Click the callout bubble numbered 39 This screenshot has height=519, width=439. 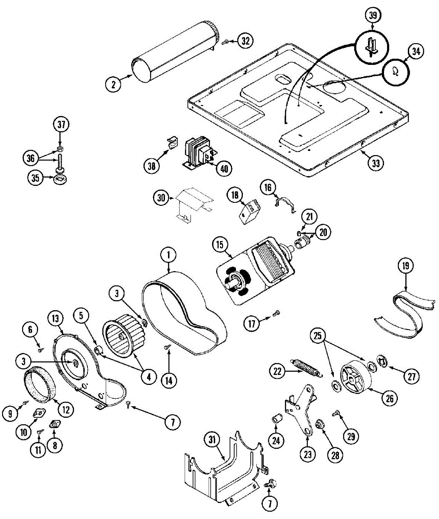[373, 16]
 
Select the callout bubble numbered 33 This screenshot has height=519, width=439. [376, 163]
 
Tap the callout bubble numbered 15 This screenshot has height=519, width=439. [220, 245]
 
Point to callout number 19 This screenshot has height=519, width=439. [406, 266]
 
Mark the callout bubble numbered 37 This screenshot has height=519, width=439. [61, 125]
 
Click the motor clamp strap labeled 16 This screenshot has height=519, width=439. [286, 204]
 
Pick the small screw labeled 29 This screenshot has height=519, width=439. [336, 414]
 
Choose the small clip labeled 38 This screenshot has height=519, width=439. [172, 142]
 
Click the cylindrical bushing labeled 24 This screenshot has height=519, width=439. [278, 419]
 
